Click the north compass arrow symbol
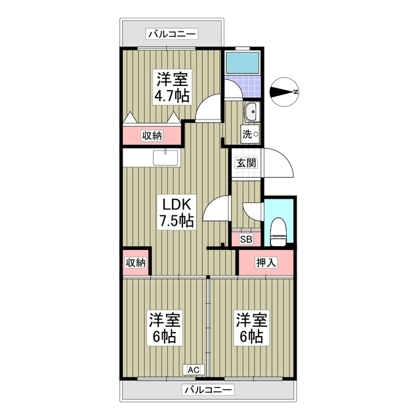pos(285,92)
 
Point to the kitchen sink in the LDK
pos(165,158)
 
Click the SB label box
pos(246,240)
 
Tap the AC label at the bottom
pos(194,370)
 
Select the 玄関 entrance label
pos(246,163)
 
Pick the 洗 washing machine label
pos(249,135)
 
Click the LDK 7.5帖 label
pos(174,212)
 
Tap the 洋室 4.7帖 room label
pos(172,88)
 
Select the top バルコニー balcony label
pos(173,32)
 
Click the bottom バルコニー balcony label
pos(208,390)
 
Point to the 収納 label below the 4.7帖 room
pos(152,136)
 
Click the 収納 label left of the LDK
pos(136,262)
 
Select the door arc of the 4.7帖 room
pos(209,108)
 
